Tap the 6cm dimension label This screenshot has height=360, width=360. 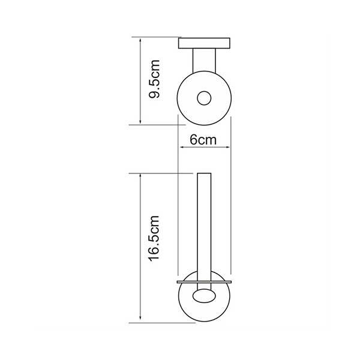(x=203, y=140)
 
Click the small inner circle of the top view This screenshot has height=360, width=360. (x=204, y=98)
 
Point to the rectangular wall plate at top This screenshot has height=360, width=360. (x=204, y=43)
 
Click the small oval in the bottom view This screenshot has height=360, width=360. (x=204, y=296)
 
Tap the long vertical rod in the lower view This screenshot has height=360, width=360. (x=204, y=232)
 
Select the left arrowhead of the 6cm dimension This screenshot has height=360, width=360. (x=182, y=147)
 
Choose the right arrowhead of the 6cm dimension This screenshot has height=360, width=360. (x=227, y=147)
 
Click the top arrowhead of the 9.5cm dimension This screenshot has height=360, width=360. (x=140, y=41)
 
